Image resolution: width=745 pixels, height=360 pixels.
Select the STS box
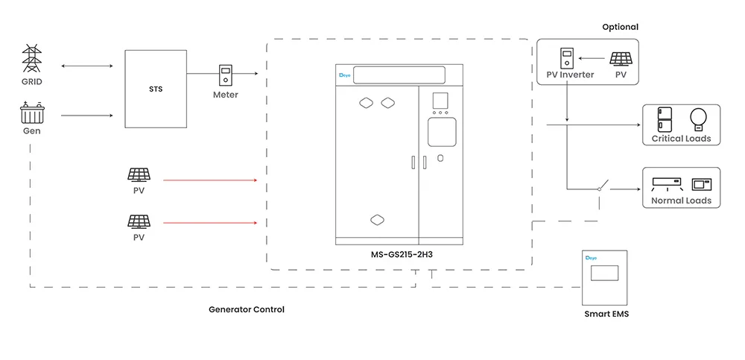(x=155, y=89)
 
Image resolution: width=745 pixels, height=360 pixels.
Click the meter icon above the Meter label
(x=225, y=77)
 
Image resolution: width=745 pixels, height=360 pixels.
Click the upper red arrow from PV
(x=209, y=180)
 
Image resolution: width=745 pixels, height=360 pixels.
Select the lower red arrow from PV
(x=209, y=222)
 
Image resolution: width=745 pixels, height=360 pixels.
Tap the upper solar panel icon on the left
(x=138, y=175)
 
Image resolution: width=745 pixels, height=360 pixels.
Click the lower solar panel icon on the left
(x=138, y=221)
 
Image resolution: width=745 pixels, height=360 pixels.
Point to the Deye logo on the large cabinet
(x=344, y=75)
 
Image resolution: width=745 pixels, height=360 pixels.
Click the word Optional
(x=620, y=27)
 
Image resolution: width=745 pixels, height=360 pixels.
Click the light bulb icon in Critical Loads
(x=698, y=119)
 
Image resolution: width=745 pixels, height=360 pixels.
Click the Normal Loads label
(x=681, y=200)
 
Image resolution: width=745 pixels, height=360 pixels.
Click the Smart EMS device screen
(x=605, y=272)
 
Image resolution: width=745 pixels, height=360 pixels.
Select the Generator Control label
(x=246, y=309)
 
